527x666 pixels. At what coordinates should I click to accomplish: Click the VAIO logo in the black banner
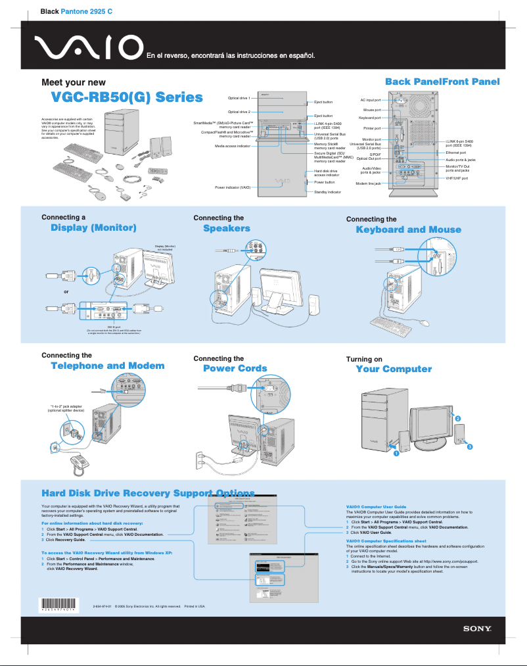pyautogui.click(x=89, y=47)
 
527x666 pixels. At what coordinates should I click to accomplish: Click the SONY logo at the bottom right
pyautogui.click(x=478, y=629)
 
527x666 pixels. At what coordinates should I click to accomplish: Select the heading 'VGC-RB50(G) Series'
pyautogui.click(x=127, y=98)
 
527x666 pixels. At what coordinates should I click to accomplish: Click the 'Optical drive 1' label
pyautogui.click(x=239, y=97)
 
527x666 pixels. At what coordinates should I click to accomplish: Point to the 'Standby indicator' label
pyautogui.click(x=327, y=192)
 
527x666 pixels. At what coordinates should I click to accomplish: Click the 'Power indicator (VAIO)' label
pyautogui.click(x=233, y=187)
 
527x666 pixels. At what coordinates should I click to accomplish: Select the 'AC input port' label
pyautogui.click(x=371, y=100)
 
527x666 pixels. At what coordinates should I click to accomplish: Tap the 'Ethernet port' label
pyautogui.click(x=455, y=153)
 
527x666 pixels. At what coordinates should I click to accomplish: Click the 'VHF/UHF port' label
pyautogui.click(x=457, y=178)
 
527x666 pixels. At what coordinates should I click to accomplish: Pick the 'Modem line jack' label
pyautogui.click(x=368, y=183)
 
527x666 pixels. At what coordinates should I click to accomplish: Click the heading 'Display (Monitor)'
pyautogui.click(x=93, y=228)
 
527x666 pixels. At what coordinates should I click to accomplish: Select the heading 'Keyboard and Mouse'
pyautogui.click(x=408, y=229)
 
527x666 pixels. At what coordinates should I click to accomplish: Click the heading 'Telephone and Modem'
pyautogui.click(x=107, y=366)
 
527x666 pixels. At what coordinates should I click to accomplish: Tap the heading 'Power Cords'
pyautogui.click(x=235, y=369)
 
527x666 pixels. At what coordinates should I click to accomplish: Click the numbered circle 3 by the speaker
pyautogui.click(x=470, y=447)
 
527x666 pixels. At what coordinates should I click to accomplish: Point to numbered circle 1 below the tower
pyautogui.click(x=397, y=453)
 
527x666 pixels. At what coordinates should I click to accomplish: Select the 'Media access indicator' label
pyautogui.click(x=233, y=146)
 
